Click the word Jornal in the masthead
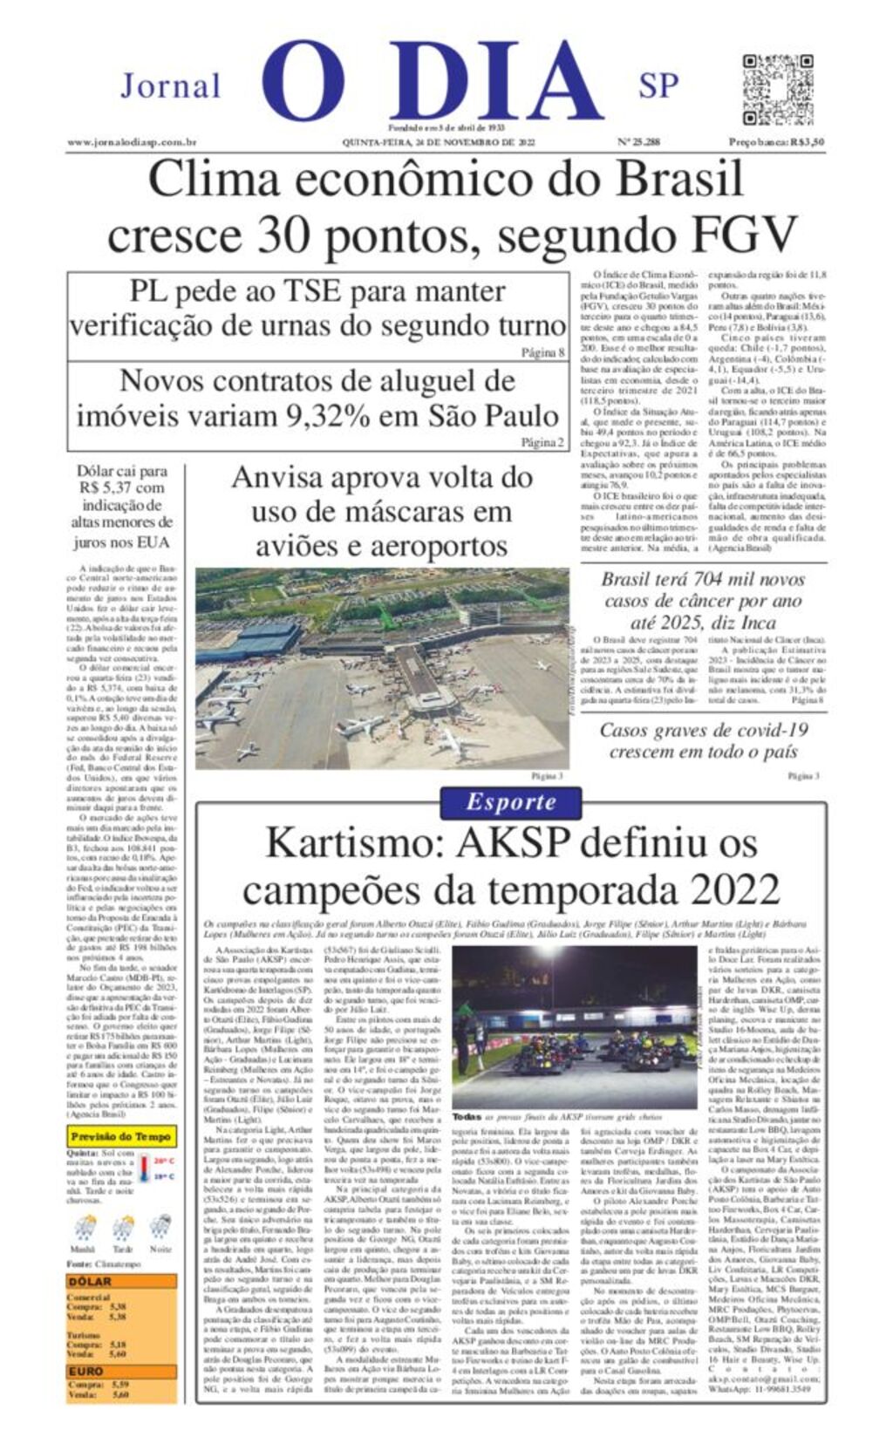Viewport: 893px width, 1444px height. click(171, 86)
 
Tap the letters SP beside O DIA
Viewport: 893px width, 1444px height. click(658, 85)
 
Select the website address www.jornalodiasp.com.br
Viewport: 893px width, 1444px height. click(132, 141)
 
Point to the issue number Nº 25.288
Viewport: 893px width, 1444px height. click(638, 141)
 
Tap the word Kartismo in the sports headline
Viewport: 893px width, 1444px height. click(356, 843)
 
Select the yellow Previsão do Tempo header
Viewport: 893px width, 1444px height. click(121, 1136)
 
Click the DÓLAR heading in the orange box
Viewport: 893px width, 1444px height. click(90, 1281)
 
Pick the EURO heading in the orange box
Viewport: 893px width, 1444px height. click(86, 1371)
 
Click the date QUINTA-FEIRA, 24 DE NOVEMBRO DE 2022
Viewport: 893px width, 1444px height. click(439, 141)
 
